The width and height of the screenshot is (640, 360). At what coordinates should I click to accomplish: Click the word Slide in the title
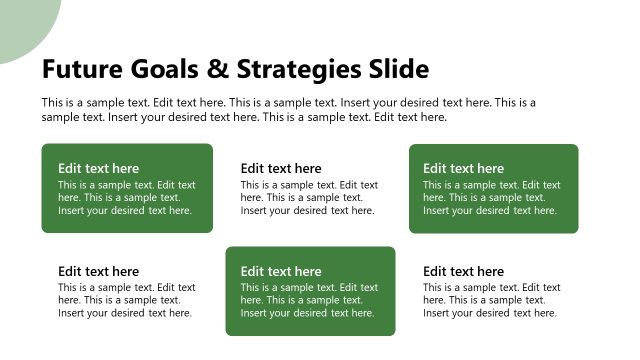[398, 69]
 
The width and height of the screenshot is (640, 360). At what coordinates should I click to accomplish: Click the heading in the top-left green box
[98, 168]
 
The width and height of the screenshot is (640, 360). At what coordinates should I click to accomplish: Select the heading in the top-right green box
[463, 168]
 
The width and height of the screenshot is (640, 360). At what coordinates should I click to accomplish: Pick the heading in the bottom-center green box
[281, 271]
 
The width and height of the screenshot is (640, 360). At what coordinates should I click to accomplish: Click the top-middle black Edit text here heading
[281, 168]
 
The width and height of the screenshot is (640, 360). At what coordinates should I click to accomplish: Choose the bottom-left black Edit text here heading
[98, 271]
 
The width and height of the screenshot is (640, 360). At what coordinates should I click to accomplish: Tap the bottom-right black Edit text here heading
[463, 271]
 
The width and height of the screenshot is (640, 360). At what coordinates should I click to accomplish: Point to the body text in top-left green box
[126, 198]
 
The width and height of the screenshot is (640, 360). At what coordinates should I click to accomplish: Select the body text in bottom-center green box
[309, 300]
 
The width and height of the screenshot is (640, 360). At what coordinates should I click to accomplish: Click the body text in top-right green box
[491, 198]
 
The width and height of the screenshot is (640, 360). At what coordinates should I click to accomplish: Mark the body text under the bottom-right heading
[491, 300]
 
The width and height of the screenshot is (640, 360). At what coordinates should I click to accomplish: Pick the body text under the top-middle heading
[309, 198]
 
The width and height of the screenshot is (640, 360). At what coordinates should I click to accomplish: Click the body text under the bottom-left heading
[126, 300]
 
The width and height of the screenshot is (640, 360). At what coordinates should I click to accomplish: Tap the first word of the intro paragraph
[54, 103]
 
